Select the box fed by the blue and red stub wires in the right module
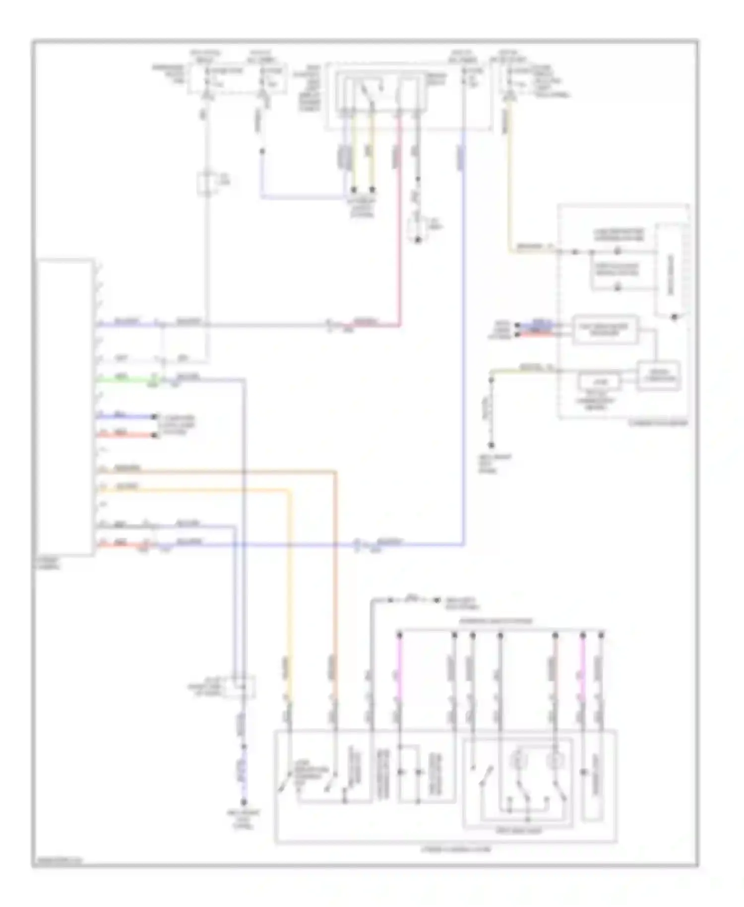[605, 329]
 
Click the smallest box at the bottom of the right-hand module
[599, 382]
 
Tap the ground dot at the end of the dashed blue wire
[244, 802]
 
